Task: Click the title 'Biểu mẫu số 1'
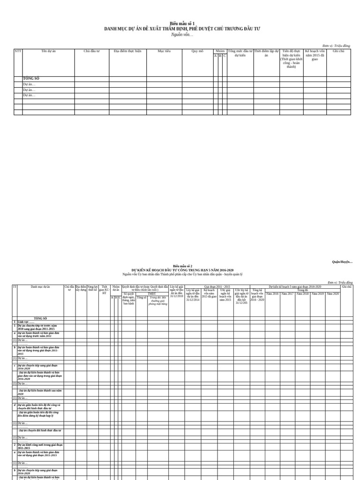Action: click(x=182, y=23)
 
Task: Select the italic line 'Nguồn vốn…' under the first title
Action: click(x=182, y=35)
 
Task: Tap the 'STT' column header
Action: click(x=18, y=51)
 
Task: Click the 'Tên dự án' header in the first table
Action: click(x=48, y=51)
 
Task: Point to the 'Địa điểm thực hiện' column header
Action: click(x=127, y=51)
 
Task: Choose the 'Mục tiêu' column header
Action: click(x=164, y=51)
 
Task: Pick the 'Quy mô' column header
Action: click(x=197, y=51)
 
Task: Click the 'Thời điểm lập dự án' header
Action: click(x=266, y=53)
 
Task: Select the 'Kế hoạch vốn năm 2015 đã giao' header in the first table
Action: click(x=315, y=55)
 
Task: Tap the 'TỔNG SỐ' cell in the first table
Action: click(x=31, y=79)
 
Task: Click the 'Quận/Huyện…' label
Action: click(x=342, y=262)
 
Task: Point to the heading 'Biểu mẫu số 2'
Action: click(x=182, y=266)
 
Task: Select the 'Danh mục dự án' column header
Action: click(x=40, y=287)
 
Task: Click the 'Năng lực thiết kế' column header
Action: click(x=93, y=288)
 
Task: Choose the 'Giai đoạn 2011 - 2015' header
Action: click(x=217, y=286)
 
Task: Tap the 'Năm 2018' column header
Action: click(x=302, y=293)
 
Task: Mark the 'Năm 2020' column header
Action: click(x=333, y=293)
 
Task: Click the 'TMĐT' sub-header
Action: click(x=152, y=294)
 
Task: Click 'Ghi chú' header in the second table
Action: click(x=346, y=286)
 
